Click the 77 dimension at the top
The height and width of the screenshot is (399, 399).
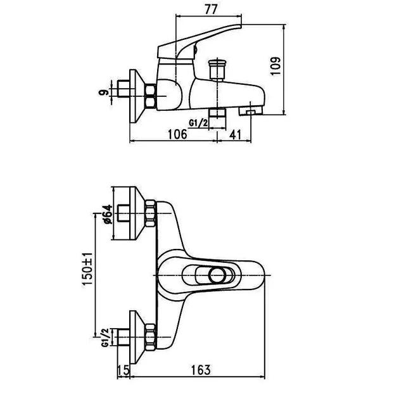pyautogui.click(x=211, y=9)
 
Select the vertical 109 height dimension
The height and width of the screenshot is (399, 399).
pyautogui.click(x=276, y=66)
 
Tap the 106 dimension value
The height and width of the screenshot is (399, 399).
pyautogui.click(x=177, y=134)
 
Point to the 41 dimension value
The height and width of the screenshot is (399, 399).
pyautogui.click(x=235, y=134)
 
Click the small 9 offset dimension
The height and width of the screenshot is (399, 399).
pyautogui.click(x=103, y=92)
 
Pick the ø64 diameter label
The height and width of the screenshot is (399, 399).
pyautogui.click(x=108, y=214)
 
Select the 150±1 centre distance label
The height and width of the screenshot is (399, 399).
pyautogui.click(x=87, y=269)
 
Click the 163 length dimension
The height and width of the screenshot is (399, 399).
pyautogui.click(x=201, y=370)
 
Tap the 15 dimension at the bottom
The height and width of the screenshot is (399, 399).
pyautogui.click(x=123, y=370)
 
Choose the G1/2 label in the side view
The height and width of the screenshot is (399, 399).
pyautogui.click(x=198, y=123)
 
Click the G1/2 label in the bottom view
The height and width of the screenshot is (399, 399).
pyautogui.click(x=105, y=338)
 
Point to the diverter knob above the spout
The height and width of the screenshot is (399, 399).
pyautogui.click(x=217, y=69)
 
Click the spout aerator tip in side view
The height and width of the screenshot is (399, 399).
pyautogui.click(x=251, y=111)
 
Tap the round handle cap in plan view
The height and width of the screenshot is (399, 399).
pyautogui.click(x=217, y=275)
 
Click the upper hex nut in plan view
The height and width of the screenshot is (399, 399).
pyautogui.click(x=150, y=213)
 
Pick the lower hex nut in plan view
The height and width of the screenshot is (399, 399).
pyautogui.click(x=150, y=337)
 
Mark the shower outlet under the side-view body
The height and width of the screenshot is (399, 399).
pyautogui.click(x=217, y=113)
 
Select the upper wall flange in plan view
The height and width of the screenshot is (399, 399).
pyautogui.click(x=137, y=213)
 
